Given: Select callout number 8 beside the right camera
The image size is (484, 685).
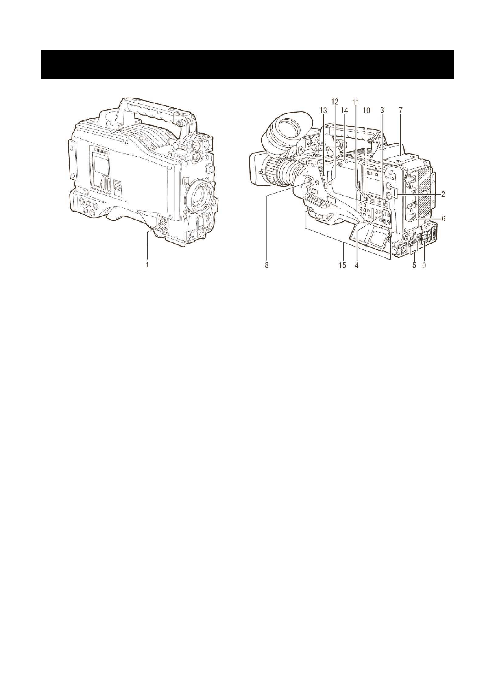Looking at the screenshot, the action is click(x=267, y=265).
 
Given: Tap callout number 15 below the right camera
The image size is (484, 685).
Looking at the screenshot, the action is click(x=342, y=265).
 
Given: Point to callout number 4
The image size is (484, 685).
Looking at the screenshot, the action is click(x=357, y=265).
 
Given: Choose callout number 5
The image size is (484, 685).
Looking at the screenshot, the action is click(x=414, y=265).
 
